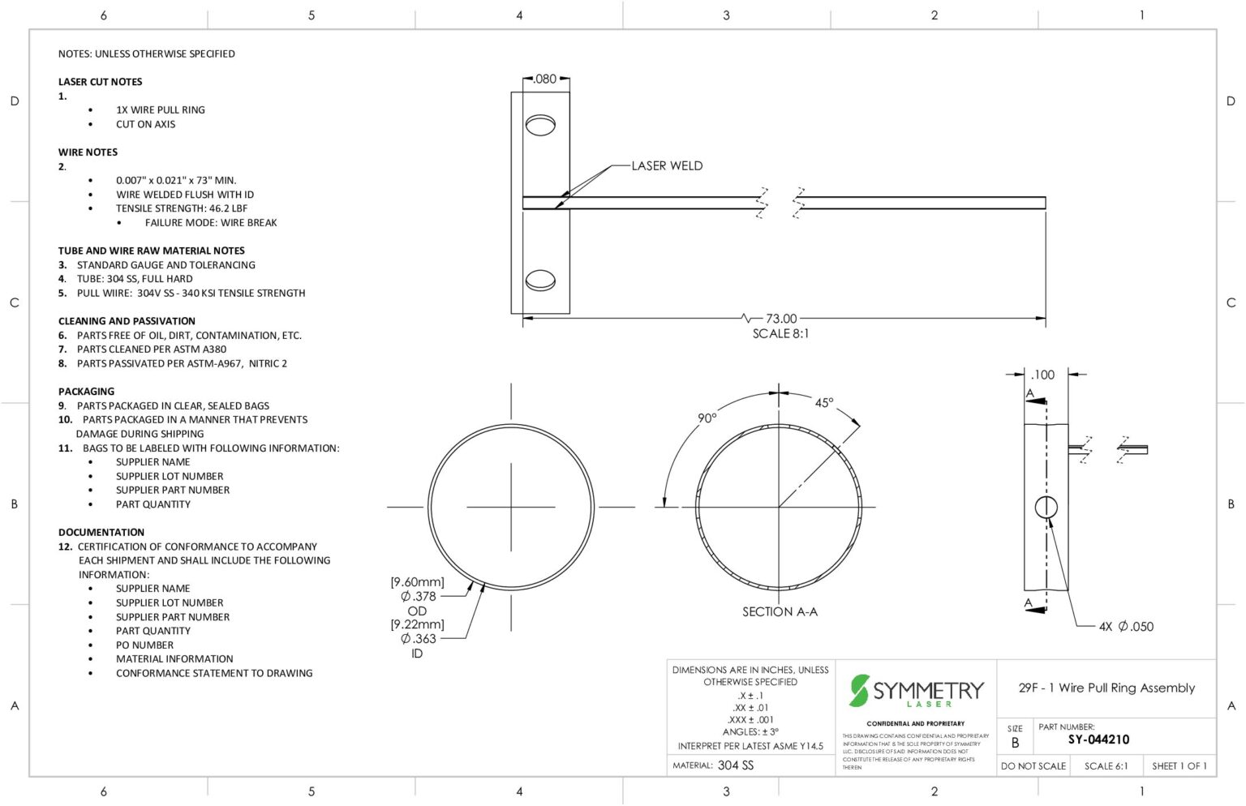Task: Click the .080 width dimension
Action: (545, 79)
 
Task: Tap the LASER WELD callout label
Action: (667, 165)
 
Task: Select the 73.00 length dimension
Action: (781, 319)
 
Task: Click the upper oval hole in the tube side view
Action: (540, 125)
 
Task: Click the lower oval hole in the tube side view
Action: (540, 281)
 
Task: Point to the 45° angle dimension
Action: (824, 403)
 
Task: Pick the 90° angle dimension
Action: (707, 418)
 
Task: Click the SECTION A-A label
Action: (780, 612)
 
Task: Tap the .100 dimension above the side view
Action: (1042, 375)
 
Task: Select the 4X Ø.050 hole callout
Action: (1126, 627)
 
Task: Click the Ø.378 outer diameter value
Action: (419, 597)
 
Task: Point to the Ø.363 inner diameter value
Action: (419, 639)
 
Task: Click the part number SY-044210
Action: (1098, 740)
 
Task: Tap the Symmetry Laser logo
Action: (916, 691)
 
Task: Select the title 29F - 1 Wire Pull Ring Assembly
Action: (1106, 688)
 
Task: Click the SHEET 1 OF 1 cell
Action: (1179, 766)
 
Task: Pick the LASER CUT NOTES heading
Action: (100, 82)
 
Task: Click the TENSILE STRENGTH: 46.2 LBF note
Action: (182, 208)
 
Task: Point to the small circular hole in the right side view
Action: (1046, 508)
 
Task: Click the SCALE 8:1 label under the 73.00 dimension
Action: (780, 334)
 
